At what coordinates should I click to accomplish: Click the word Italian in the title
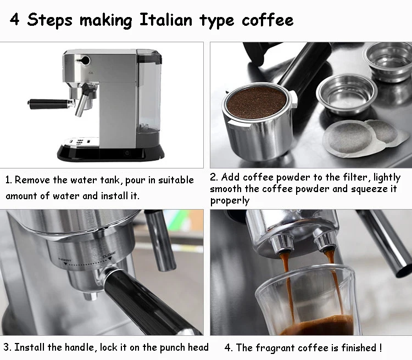(x=166, y=20)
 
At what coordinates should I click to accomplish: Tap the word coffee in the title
(x=268, y=20)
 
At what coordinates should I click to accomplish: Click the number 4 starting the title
(x=14, y=19)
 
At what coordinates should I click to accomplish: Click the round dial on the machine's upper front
(x=85, y=60)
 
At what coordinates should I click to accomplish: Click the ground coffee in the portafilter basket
(x=257, y=103)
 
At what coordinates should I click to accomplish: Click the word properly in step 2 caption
(x=230, y=201)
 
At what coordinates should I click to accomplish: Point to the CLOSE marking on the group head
(x=109, y=254)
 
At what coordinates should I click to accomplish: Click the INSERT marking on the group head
(x=65, y=260)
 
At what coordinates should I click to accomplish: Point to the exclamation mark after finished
(x=381, y=347)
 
